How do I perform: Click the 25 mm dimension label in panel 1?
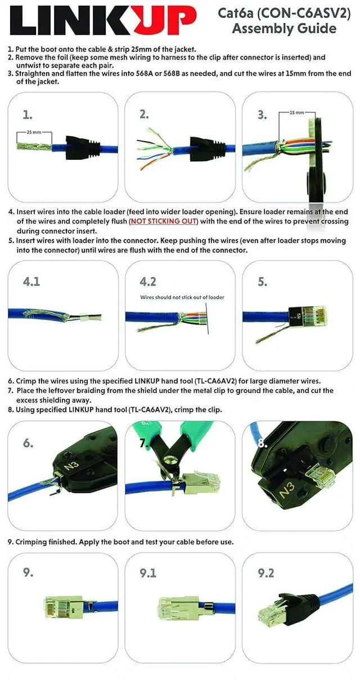click(34, 132)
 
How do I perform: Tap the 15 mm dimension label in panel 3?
click(296, 112)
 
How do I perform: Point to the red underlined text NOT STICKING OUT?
click(164, 221)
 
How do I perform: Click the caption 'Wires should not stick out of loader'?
click(182, 297)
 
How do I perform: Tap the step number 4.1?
click(31, 281)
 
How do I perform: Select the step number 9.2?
click(266, 573)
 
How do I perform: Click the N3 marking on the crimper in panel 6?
click(72, 465)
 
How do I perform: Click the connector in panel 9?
click(65, 606)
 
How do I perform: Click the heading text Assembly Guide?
click(284, 28)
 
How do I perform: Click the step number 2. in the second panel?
click(144, 114)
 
